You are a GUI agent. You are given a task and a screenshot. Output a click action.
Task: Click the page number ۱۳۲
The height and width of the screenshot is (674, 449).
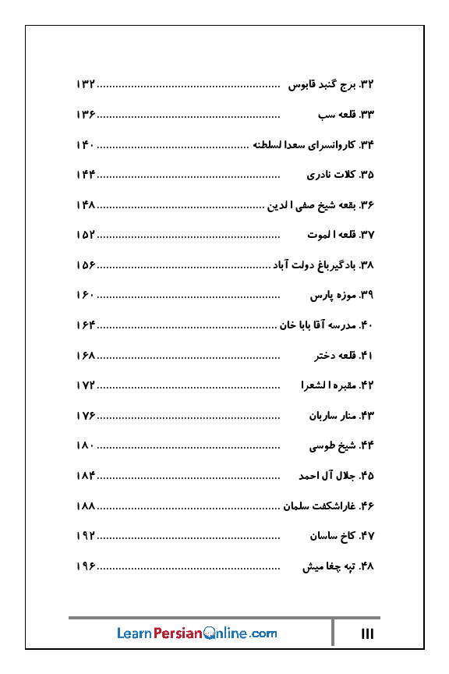pyautogui.click(x=86, y=84)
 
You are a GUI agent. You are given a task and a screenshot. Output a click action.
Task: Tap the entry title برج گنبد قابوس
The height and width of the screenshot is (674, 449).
pyautogui.click(x=322, y=84)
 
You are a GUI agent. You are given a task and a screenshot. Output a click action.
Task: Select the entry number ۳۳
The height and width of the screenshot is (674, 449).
pyautogui.click(x=366, y=115)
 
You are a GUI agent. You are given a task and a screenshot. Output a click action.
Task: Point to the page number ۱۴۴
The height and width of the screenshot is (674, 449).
pyautogui.click(x=86, y=175)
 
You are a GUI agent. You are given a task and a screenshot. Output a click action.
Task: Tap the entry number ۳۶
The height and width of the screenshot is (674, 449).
pyautogui.click(x=366, y=205)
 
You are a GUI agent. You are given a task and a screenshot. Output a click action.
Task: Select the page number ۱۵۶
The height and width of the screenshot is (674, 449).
pyautogui.click(x=86, y=265)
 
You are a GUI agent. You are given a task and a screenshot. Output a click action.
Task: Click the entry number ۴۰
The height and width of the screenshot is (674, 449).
pyautogui.click(x=366, y=325)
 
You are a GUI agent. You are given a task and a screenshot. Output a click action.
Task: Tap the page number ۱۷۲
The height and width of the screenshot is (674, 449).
pyautogui.click(x=86, y=385)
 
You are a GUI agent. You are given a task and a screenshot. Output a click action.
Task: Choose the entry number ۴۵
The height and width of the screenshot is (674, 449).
pyautogui.click(x=366, y=476)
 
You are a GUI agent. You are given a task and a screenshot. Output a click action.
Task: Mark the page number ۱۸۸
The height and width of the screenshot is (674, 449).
pyautogui.click(x=86, y=506)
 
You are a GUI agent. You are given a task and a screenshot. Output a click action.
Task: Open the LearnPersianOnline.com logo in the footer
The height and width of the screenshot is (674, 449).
pyautogui.click(x=197, y=633)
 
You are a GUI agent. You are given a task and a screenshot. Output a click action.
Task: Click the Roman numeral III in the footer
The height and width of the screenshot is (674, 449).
pyautogui.click(x=368, y=634)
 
